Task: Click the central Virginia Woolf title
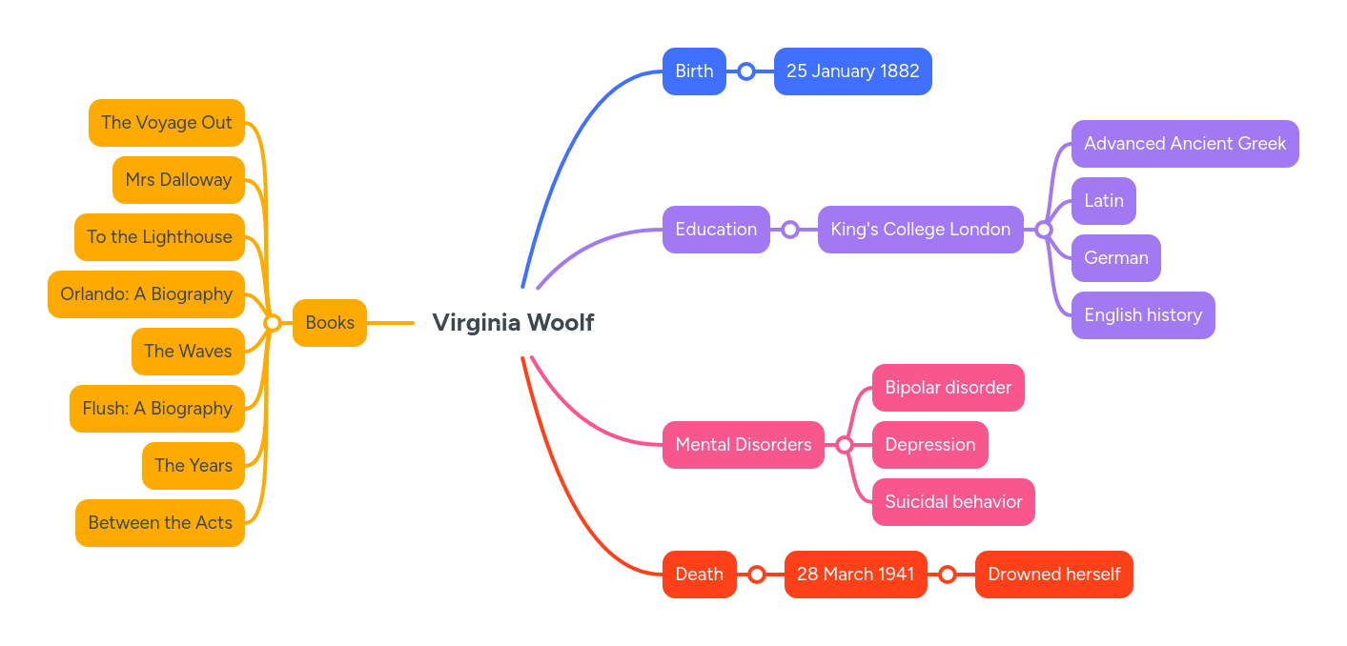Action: click(x=513, y=323)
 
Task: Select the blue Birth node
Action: click(x=694, y=71)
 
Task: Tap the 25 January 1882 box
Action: click(x=852, y=71)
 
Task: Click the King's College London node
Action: click(x=920, y=230)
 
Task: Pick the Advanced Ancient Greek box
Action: click(x=1184, y=144)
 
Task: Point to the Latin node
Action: click(x=1103, y=201)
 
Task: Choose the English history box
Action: click(x=1142, y=315)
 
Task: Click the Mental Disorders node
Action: click(x=743, y=445)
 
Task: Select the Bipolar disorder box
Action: click(x=948, y=388)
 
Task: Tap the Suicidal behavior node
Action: click(x=952, y=502)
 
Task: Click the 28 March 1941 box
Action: click(x=855, y=575)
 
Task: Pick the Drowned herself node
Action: click(x=1053, y=575)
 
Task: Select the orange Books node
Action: click(x=329, y=323)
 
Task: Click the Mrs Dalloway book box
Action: click(x=178, y=180)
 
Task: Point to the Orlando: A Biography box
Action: click(x=146, y=294)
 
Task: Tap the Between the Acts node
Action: click(x=159, y=523)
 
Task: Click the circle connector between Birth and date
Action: click(x=746, y=71)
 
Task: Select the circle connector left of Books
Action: click(x=272, y=323)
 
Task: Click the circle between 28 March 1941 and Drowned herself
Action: click(x=948, y=575)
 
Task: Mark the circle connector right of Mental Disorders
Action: click(x=845, y=445)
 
